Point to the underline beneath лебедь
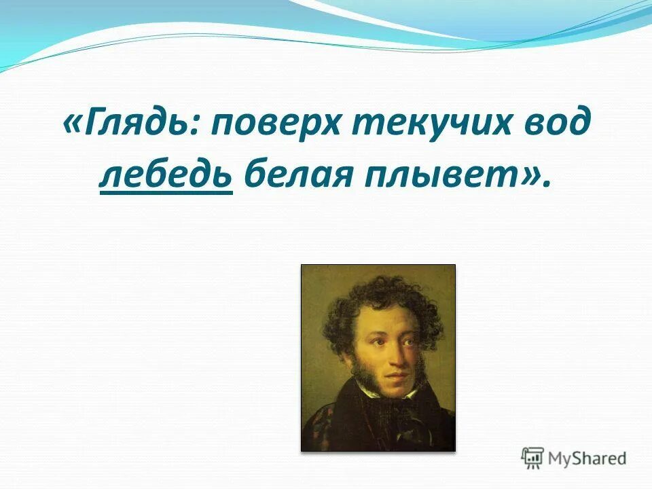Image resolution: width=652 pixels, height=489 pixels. point(166,194)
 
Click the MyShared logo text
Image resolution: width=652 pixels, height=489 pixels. point(587,458)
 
